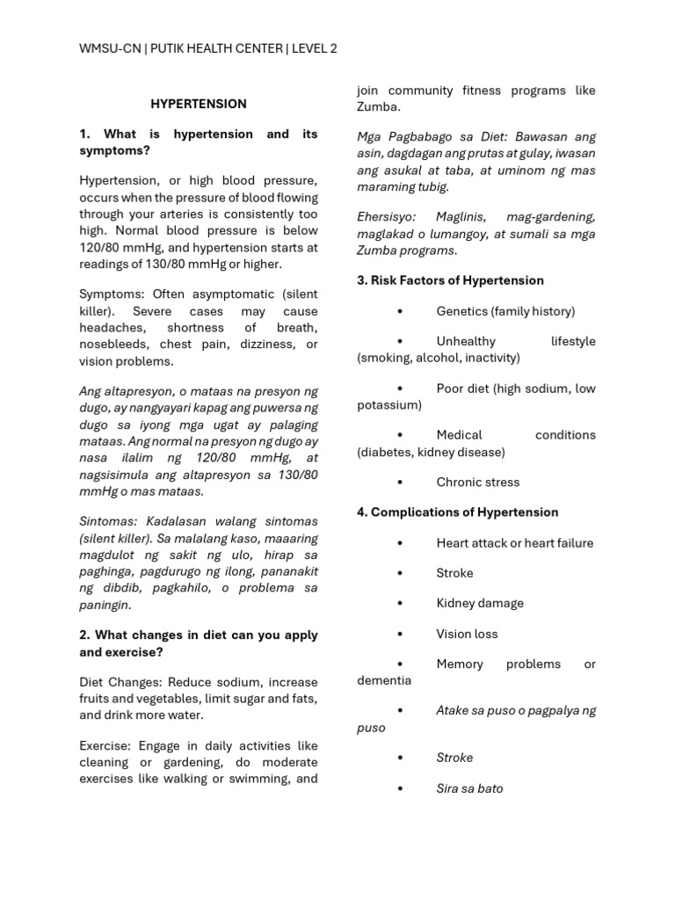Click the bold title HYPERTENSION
coord(198,104)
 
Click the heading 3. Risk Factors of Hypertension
coord(450,280)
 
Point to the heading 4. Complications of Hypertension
coord(457,512)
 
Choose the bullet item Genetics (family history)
coord(505,311)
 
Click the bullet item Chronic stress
coord(477,482)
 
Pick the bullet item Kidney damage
coord(479,603)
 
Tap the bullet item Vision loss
coord(467,634)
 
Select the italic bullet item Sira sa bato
coord(469,788)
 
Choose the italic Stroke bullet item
coord(454,758)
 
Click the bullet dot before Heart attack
coord(400,543)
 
